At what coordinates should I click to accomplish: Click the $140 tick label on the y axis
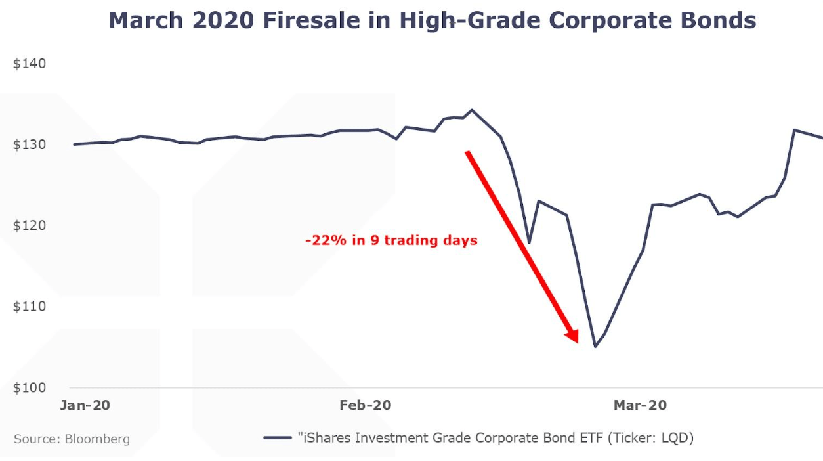30,64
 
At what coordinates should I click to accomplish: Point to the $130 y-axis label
30,145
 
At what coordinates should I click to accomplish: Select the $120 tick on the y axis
30,226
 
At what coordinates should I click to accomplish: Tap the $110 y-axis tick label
30,307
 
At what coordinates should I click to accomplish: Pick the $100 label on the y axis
30,387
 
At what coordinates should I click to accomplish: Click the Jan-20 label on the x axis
85,405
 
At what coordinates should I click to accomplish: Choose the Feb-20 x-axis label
365,405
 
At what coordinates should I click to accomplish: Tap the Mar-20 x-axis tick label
640,405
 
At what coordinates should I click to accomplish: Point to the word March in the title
146,21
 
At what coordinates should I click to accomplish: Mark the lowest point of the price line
595,347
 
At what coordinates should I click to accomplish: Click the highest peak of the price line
471,110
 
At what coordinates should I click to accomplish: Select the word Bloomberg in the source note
97,439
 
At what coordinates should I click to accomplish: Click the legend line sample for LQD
278,437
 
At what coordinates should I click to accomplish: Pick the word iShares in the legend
325,437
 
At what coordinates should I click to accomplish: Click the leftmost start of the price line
74,144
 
